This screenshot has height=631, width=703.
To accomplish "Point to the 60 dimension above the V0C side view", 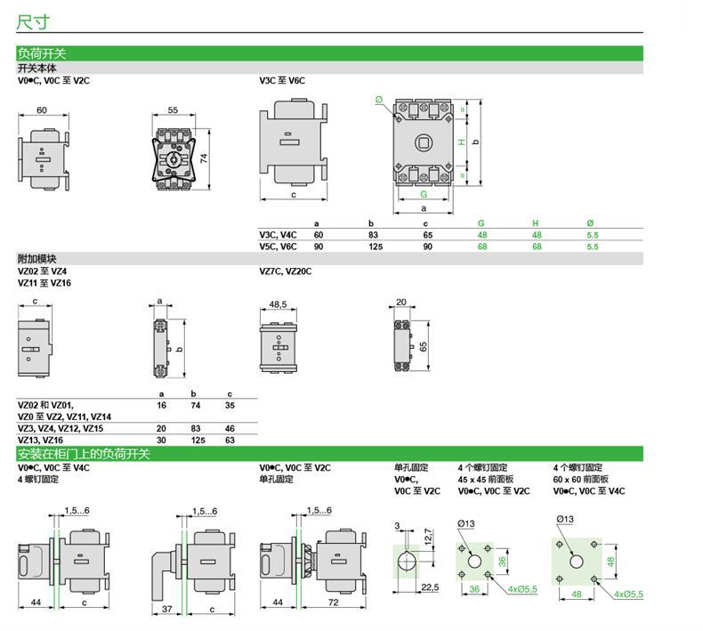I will click(41, 110).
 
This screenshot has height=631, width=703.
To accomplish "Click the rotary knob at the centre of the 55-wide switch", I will click(173, 161).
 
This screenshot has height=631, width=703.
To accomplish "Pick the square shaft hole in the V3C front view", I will click(424, 142).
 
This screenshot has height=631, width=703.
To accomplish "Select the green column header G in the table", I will click(481, 223).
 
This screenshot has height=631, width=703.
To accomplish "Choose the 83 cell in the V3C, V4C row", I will click(374, 235).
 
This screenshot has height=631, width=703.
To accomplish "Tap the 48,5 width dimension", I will click(278, 304).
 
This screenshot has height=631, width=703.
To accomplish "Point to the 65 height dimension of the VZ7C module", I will click(423, 345).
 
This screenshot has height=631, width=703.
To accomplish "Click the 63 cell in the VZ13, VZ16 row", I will click(230, 440).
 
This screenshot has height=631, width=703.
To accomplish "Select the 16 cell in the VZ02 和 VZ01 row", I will click(161, 405).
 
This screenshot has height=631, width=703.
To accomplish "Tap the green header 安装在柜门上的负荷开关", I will click(85, 454).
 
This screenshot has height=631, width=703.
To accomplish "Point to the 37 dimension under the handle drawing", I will click(168, 610).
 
